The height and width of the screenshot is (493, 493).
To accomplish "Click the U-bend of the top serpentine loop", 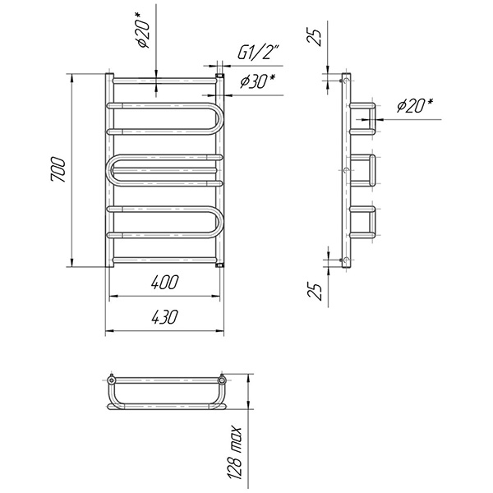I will [x=217, y=119].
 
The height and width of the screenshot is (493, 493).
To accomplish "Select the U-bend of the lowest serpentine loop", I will [x=217, y=221].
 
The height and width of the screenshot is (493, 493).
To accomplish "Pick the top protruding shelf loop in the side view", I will [x=365, y=118].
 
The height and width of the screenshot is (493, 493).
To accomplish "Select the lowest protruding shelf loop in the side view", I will [x=365, y=222].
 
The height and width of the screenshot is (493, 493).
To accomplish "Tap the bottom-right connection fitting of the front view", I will [x=220, y=265].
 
